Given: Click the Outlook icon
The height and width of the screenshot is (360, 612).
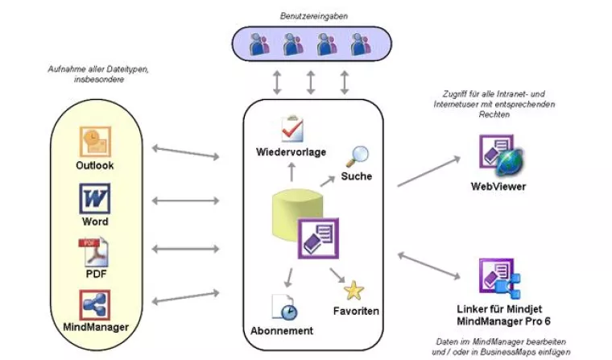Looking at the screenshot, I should tap(95, 142).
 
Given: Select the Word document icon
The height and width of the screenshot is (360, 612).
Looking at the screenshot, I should tap(94, 198).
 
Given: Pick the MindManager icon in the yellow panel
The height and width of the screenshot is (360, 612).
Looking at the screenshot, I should tap(95, 305).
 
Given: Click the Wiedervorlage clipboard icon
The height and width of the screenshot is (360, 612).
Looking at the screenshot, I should tap(291, 129).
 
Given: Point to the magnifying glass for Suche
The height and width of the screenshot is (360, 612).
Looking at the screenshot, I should tap(357, 154).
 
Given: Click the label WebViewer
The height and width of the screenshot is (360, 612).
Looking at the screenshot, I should tap(498, 187).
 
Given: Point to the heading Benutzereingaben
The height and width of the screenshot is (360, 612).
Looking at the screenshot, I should tap(309, 15).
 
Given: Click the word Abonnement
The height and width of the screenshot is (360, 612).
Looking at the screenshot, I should tap(282, 331).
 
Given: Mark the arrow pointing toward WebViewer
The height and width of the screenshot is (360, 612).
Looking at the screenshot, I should tap(430, 172).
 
